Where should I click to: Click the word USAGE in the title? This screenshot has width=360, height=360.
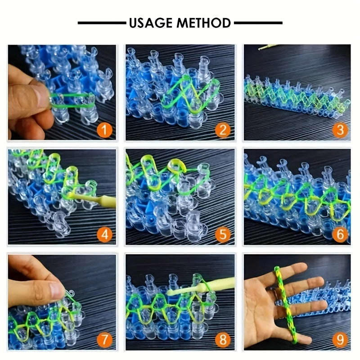(x=151, y=23)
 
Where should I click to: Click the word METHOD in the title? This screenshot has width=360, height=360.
(x=204, y=23)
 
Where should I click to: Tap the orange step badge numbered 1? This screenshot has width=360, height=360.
(x=104, y=130)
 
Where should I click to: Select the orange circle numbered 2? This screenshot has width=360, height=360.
(x=223, y=130)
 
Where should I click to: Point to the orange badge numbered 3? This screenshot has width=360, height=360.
(x=340, y=130)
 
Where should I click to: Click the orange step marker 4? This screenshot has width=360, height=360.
(x=104, y=234)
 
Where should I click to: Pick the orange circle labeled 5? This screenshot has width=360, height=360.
(x=223, y=234)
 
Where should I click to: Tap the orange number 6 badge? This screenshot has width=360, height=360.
(x=340, y=234)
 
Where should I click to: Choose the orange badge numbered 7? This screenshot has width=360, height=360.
(x=104, y=340)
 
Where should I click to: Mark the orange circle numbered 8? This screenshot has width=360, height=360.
(x=223, y=340)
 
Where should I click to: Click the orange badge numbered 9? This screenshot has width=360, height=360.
(x=340, y=340)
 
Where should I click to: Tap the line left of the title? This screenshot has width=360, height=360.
(x=102, y=23)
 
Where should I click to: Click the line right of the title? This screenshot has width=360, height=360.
(x=258, y=23)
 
